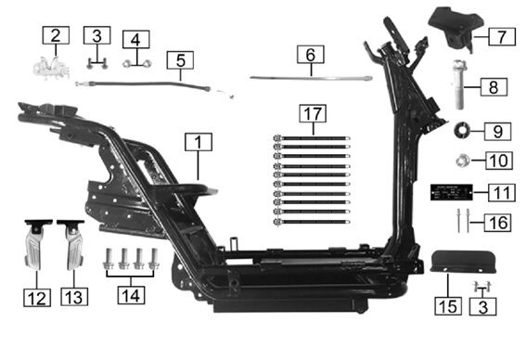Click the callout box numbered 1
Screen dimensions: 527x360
[x=199, y=142]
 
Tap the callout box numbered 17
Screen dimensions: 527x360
[x=313, y=113]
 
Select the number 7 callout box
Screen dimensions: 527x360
[x=502, y=36]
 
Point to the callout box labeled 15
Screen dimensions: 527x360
[x=448, y=306]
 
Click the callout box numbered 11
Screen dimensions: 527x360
[x=502, y=193]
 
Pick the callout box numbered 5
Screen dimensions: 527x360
[x=180, y=60]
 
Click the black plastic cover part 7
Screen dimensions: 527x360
[x=456, y=29]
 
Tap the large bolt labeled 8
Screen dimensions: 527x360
[x=459, y=84]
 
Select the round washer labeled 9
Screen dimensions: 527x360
[x=461, y=130]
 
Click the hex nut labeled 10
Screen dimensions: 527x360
[x=462, y=161]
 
